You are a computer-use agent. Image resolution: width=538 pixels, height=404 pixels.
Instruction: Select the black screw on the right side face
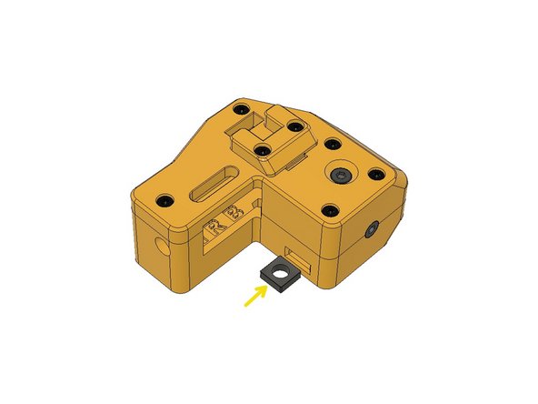(x=374, y=233)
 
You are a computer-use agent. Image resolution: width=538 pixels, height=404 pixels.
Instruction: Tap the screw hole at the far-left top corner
(x=164, y=198)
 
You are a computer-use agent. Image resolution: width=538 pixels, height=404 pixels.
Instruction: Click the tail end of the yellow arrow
(x=244, y=307)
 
